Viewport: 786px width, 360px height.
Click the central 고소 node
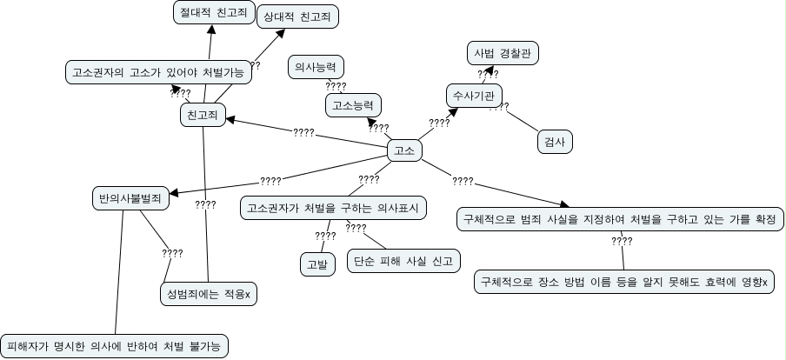[x=403, y=150]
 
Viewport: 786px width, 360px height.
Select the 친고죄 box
[x=202, y=114]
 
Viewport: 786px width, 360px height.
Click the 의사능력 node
[x=316, y=66]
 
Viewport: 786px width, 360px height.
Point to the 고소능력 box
[x=352, y=106]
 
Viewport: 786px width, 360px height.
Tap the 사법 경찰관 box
[x=503, y=53]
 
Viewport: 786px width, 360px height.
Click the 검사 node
[x=554, y=141]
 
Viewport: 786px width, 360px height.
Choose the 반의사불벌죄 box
[x=130, y=198]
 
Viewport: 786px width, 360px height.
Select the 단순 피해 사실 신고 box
[x=403, y=260]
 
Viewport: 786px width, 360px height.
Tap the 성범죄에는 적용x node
[x=210, y=295]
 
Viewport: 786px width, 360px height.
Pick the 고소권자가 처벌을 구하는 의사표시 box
[x=332, y=208]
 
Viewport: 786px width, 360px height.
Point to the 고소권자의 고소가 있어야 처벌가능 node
[x=159, y=73]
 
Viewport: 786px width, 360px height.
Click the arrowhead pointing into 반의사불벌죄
[x=176, y=191]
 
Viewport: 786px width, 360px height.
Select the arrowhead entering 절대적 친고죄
[x=211, y=30]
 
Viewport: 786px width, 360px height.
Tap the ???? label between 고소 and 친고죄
[x=303, y=133]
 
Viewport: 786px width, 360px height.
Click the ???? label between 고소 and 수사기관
[x=439, y=123]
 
